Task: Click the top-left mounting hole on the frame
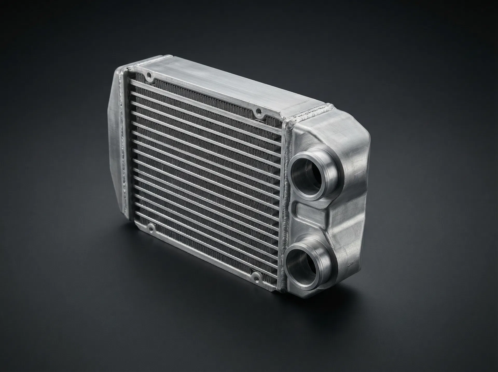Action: click(x=149, y=75)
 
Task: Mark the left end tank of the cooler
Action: click(x=114, y=145)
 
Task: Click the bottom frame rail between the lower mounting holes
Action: click(x=202, y=253)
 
